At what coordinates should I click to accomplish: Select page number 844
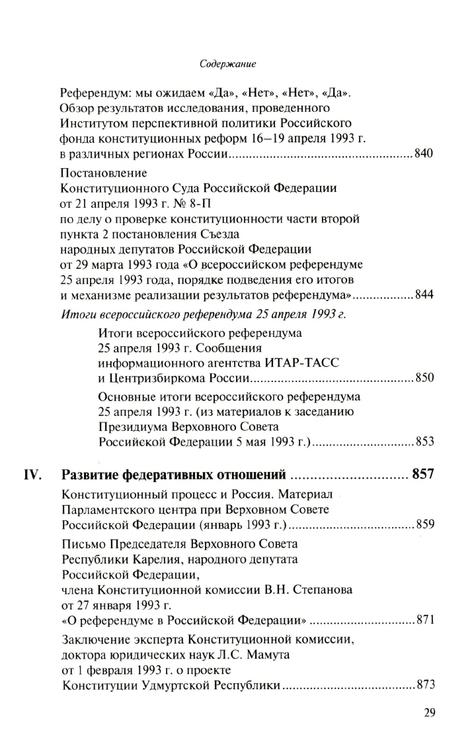[x=423, y=295]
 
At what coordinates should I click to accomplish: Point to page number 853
[x=423, y=442]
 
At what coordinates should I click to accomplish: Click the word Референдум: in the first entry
[x=92, y=93]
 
